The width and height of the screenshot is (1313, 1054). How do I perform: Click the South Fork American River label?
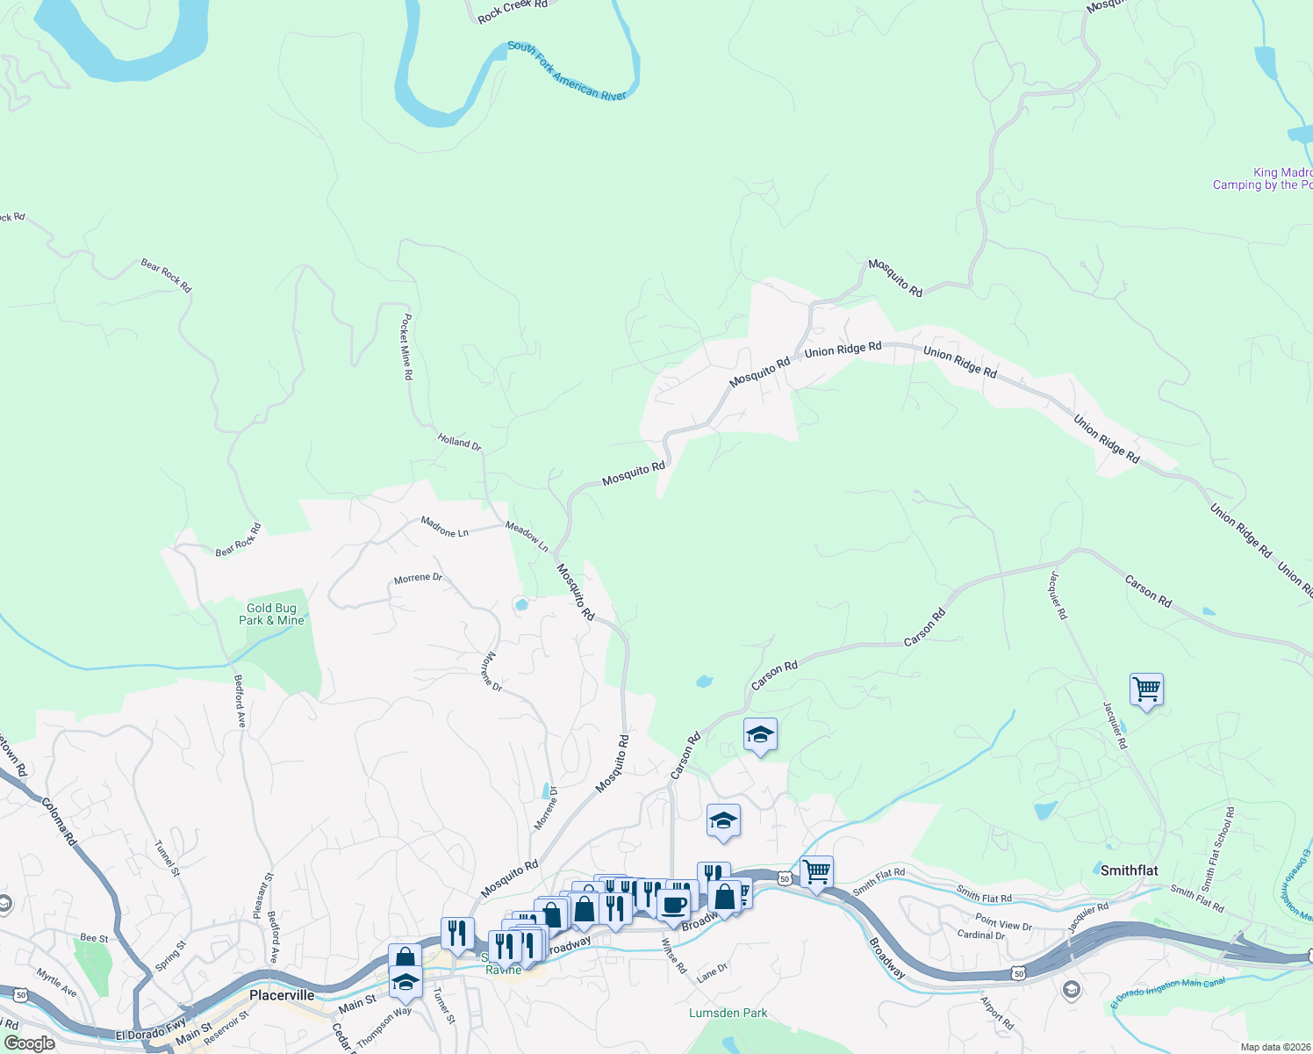pyautogui.click(x=567, y=71)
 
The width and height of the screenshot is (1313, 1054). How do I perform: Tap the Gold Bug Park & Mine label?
pyautogui.click(x=271, y=614)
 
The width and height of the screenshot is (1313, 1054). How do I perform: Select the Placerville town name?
pyautogui.click(x=282, y=995)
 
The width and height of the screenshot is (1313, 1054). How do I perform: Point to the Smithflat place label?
pyautogui.click(x=1129, y=870)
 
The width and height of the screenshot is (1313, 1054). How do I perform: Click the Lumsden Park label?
pyautogui.click(x=728, y=1013)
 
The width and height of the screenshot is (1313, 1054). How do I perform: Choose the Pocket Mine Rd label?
pyautogui.click(x=406, y=347)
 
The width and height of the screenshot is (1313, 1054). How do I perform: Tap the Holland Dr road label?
pyautogui.click(x=459, y=443)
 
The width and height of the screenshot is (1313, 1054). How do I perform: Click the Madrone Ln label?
pyautogui.click(x=444, y=527)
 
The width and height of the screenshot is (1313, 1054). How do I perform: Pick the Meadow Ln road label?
pyautogui.click(x=527, y=537)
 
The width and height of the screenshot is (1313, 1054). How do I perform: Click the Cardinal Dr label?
pyautogui.click(x=980, y=935)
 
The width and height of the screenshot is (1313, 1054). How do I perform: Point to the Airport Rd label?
pyautogui.click(x=997, y=1013)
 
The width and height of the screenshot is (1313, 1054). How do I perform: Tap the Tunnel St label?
pyautogui.click(x=167, y=858)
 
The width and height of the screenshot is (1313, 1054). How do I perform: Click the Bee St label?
pyautogui.click(x=94, y=938)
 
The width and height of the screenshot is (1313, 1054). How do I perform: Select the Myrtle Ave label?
pyautogui.click(x=56, y=983)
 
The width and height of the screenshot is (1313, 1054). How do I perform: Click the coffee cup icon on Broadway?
pyautogui.click(x=674, y=904)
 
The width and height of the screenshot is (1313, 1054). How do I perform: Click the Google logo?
pyautogui.click(x=30, y=1043)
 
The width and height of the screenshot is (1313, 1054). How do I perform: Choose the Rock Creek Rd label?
pyautogui.click(x=513, y=11)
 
